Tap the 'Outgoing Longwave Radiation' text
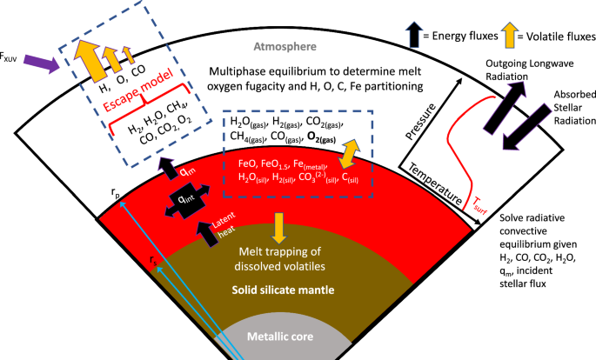(521, 68)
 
